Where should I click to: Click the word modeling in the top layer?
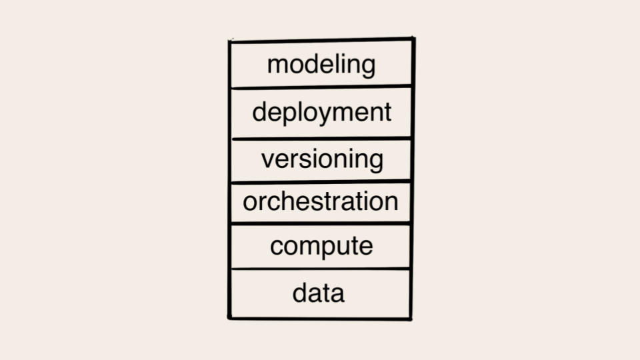coord(321,65)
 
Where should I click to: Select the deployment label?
coord(321,112)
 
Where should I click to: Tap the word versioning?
coord(323,159)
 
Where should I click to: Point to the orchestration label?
coord(321,201)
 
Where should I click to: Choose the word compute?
coord(321,246)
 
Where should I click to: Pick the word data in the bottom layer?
coord(319,293)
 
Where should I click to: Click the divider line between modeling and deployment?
coord(321,87)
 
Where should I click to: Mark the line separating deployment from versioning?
coord(321,139)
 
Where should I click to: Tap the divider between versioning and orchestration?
coord(321,181)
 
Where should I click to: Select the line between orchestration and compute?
coord(321,223)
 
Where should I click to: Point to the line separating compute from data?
coord(321,269)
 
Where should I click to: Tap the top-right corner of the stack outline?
coord(413,39)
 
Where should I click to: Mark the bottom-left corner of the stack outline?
coord(229,317)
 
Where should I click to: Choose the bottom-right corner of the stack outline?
coord(411,319)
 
